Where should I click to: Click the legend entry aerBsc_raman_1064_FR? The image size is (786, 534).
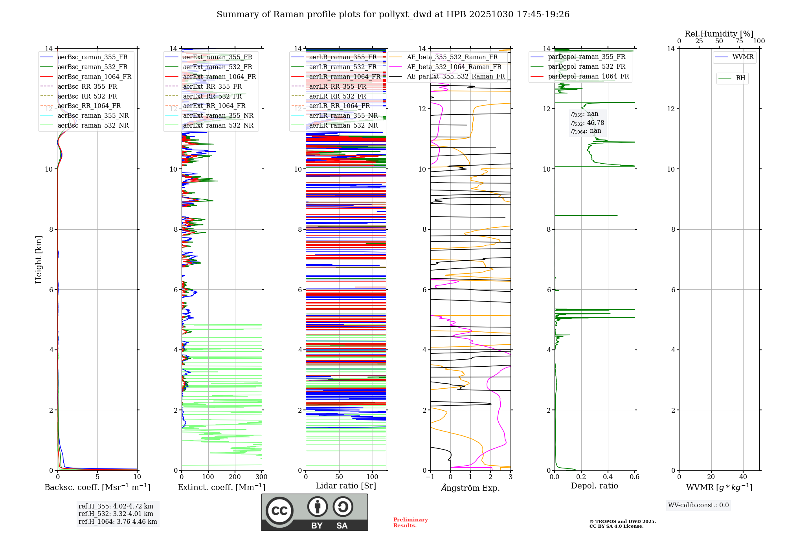tap(94, 77)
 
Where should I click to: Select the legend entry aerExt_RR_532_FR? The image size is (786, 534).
tap(212, 96)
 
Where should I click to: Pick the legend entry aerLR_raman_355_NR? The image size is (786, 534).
tap(343, 116)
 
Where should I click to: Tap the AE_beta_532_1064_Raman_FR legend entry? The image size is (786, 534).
tap(454, 67)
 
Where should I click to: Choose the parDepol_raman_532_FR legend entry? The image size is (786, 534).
tap(586, 67)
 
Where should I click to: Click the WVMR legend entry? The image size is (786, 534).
tap(743, 57)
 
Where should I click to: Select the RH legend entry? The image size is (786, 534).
tap(740, 78)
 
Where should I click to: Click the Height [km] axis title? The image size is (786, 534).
tap(39, 260)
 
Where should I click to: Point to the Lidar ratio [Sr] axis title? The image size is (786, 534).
tap(346, 486)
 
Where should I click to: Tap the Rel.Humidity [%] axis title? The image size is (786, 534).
tap(719, 34)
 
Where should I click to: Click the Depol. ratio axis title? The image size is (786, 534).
tap(594, 486)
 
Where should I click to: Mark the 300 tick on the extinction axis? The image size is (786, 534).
tap(262, 477)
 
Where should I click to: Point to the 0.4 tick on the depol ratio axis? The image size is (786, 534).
tap(608, 477)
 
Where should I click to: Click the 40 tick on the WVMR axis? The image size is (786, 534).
tap(743, 477)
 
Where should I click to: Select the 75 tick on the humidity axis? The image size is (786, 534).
tap(739, 41)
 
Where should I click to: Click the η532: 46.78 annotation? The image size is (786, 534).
tap(588, 123)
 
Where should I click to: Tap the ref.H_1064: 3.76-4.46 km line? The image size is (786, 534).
tap(118, 522)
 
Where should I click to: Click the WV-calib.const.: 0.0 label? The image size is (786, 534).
tap(698, 505)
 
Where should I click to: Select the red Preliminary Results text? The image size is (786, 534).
tap(410, 523)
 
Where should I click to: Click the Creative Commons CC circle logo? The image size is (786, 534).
tap(279, 511)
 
